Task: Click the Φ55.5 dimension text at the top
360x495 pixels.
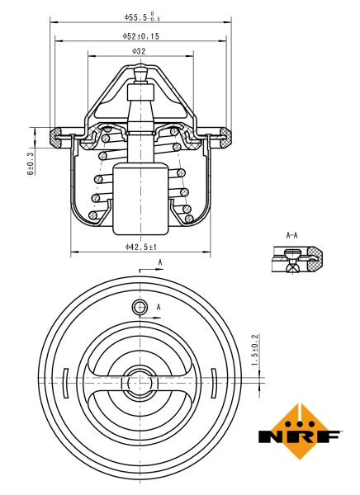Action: (x=141, y=16)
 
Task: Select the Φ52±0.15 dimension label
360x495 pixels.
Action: (x=141, y=36)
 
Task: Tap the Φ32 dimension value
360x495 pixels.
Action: (x=139, y=51)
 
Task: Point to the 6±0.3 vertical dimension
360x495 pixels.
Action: (x=31, y=163)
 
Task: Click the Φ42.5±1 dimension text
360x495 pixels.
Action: (x=140, y=245)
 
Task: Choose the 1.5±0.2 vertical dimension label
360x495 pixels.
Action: (x=254, y=350)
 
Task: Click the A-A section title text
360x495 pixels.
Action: (x=291, y=236)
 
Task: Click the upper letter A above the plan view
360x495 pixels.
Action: (x=159, y=264)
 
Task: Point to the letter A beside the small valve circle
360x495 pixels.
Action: (x=159, y=307)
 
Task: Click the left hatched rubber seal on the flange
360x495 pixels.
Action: (x=60, y=133)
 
